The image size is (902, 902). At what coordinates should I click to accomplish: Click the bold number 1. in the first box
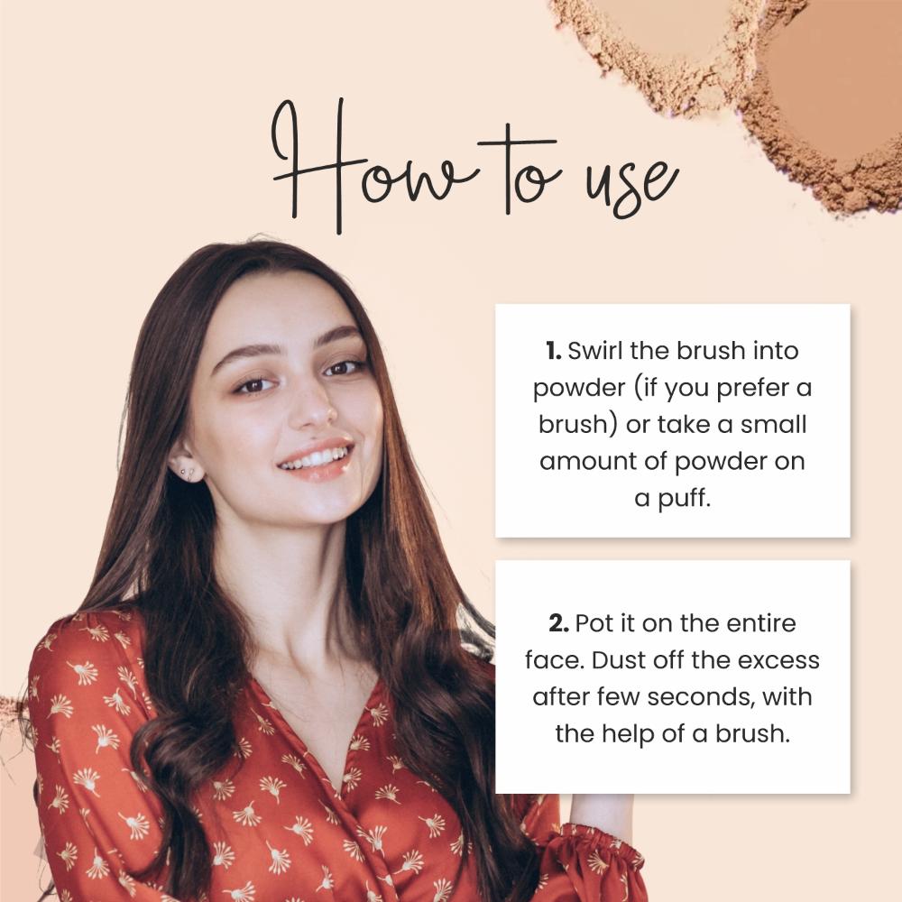(553, 350)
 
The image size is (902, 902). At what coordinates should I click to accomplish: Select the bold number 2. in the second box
(557, 622)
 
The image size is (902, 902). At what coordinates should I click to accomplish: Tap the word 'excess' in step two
(779, 659)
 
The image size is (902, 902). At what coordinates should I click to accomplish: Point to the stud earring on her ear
(186, 471)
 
